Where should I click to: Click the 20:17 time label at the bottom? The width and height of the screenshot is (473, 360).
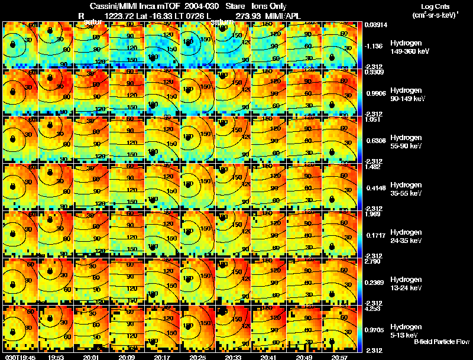pyautogui.click(x=162, y=356)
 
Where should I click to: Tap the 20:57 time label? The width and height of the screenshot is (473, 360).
pyautogui.click(x=339, y=356)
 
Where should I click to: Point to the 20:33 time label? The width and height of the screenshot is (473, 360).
pyautogui.click(x=233, y=356)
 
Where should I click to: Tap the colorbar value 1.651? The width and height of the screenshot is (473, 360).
pyautogui.click(x=371, y=119)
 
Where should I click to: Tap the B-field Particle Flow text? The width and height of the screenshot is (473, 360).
pyautogui.click(x=441, y=342)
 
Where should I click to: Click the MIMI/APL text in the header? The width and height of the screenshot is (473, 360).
pyautogui.click(x=284, y=15)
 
